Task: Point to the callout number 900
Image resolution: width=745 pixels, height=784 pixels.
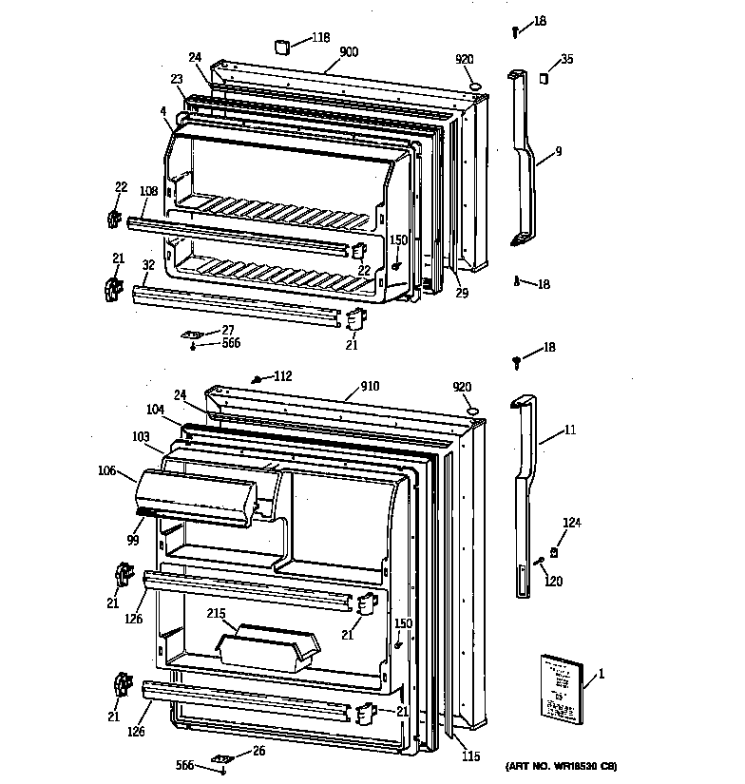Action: click(x=349, y=52)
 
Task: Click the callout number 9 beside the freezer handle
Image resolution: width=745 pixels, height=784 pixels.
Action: click(x=559, y=150)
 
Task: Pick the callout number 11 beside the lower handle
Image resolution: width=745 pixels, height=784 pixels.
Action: click(x=570, y=430)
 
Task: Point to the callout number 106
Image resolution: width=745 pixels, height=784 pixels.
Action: click(x=106, y=469)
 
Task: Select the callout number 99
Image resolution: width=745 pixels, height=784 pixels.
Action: click(x=134, y=541)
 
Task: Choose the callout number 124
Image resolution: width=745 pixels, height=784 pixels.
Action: click(x=572, y=523)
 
